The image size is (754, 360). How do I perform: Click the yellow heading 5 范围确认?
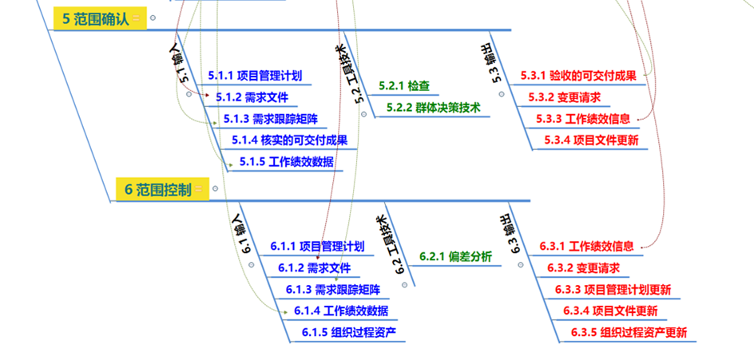click(x=95, y=19)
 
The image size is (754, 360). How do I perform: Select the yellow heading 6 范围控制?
click(x=157, y=190)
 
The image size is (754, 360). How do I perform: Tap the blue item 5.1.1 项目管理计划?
click(x=255, y=77)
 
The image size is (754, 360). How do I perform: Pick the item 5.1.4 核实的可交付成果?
click(x=289, y=140)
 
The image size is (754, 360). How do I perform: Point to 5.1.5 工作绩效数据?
click(x=287, y=162)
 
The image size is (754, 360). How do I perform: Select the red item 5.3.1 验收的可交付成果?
click(x=577, y=77)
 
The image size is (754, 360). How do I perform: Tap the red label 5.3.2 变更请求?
click(x=563, y=97)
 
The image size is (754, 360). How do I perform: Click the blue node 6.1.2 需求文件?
click(x=314, y=267)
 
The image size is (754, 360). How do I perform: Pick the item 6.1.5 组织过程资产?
click(x=349, y=332)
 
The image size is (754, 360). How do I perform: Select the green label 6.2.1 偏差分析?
click(x=455, y=257)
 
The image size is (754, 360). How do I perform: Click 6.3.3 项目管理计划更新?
click(x=613, y=289)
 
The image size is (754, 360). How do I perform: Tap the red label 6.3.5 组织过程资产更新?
click(x=629, y=332)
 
